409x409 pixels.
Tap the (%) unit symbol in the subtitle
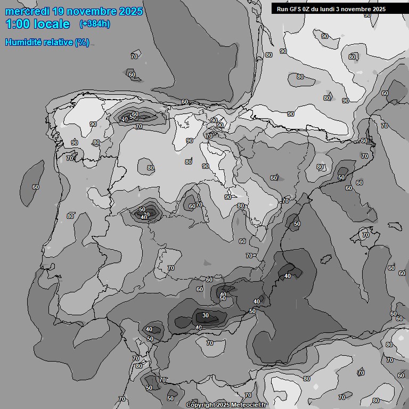coord(82,42)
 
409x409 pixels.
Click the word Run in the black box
coord(282,9)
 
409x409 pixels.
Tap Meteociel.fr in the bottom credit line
coord(249,405)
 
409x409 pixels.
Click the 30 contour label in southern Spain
coord(206,315)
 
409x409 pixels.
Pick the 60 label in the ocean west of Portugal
coord(36,187)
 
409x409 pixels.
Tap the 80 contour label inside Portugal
coord(70,216)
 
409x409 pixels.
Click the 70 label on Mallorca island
coord(366,235)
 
